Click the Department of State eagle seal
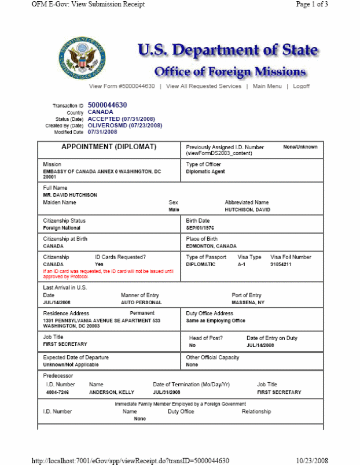click(x=82, y=59)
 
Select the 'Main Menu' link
click(x=267, y=86)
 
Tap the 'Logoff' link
click(x=301, y=86)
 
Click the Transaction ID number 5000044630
click(x=107, y=105)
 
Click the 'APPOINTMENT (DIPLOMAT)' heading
click(x=109, y=147)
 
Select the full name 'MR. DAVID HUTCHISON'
click(x=70, y=195)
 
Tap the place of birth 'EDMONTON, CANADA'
click(x=211, y=246)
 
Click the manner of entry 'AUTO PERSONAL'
click(x=141, y=302)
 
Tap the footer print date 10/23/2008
click(x=312, y=460)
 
